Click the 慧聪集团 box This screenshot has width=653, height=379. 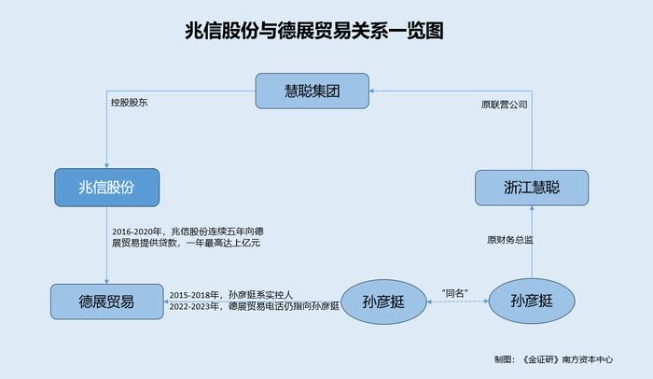pos(312,91)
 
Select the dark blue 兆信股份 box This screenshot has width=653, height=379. pos(106,188)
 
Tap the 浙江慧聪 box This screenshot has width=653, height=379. pos(532,188)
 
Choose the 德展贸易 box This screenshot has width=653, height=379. pos(107,302)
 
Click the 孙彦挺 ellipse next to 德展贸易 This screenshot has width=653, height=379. pos(383,302)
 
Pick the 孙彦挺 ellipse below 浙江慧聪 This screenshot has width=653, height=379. pos(532,301)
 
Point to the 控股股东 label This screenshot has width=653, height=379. pos(129,103)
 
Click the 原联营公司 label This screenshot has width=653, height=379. pos(505,105)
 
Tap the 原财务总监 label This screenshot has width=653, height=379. pos(510,240)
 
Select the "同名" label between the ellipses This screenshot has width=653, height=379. pos(455,293)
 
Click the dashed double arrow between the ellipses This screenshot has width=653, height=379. pos(458,301)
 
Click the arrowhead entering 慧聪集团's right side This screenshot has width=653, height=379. pos(372,91)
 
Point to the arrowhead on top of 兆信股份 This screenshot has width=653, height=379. pos(106,165)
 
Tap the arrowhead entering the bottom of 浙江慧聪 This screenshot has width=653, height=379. pos(532,208)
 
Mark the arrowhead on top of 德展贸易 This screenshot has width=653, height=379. pos(106,281)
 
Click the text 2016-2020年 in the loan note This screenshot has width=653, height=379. pos(136,232)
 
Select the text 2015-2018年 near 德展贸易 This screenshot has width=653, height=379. pos(194,295)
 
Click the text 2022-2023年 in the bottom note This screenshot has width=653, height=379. pos(194,306)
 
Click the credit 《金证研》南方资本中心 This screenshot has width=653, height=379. pos(567,359)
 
